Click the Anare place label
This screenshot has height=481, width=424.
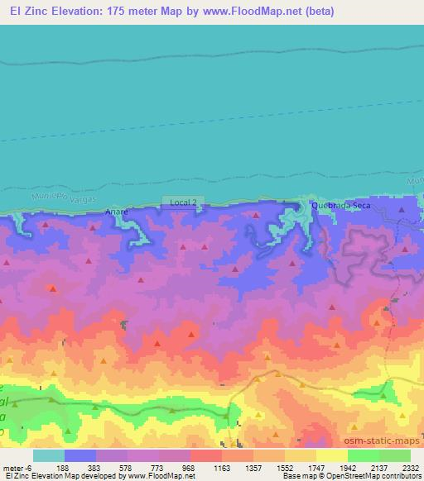click(x=117, y=212)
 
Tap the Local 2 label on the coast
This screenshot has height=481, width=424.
click(x=183, y=202)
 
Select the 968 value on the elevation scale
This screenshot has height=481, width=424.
click(x=190, y=467)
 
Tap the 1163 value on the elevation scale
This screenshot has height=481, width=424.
click(x=223, y=467)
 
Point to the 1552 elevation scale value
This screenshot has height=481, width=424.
click(x=287, y=467)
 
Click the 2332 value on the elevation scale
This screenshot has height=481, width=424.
click(x=412, y=467)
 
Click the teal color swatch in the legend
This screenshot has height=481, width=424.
click(x=48, y=455)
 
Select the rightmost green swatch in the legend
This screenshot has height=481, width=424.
click(x=394, y=455)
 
